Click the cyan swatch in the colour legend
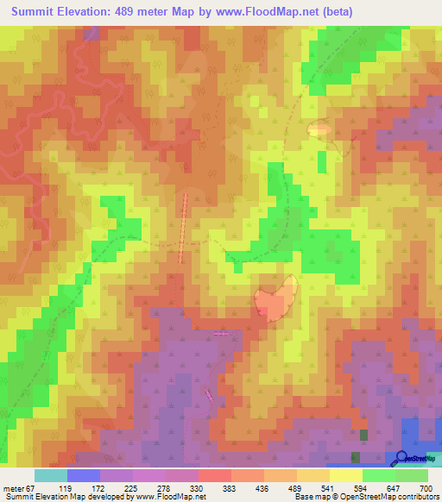coord(50,475)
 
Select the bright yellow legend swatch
coord(346,475)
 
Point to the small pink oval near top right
coord(319,129)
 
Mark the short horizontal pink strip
coord(221,333)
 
